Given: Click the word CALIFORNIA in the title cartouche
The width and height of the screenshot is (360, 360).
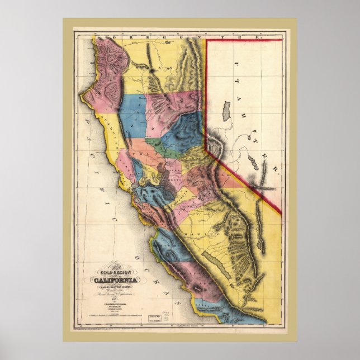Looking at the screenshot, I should (115, 280).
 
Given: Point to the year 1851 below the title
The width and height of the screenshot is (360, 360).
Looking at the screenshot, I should (115, 298).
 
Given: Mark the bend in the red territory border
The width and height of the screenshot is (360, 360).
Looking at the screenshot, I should (206, 149).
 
